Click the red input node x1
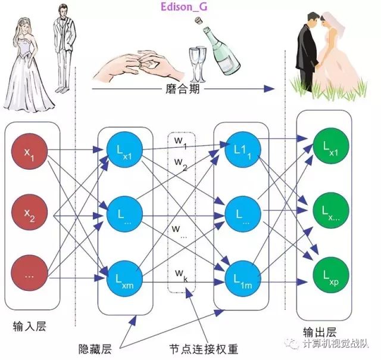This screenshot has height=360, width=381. (x=29, y=151)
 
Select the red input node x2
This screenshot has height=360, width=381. (x=29, y=212)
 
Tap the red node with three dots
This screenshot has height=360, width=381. (x=29, y=273)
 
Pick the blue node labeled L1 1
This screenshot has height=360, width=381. (x=243, y=150)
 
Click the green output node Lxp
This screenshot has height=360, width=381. (x=331, y=277)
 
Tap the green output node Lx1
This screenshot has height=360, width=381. (x=331, y=147)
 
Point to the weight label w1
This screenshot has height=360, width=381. (x=180, y=142)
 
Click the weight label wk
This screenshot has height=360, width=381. (x=181, y=275)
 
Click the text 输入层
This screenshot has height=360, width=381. (x=29, y=326)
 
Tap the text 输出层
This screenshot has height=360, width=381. (x=320, y=332)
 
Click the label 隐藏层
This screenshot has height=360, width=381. (x=95, y=349)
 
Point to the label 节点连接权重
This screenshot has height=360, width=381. (x=204, y=349)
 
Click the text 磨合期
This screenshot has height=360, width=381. (x=183, y=89)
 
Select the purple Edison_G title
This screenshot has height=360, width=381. (x=184, y=7)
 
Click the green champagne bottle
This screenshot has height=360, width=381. (x=221, y=51)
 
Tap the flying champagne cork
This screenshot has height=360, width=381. (x=199, y=21)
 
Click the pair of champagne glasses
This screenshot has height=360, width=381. (x=197, y=65)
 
